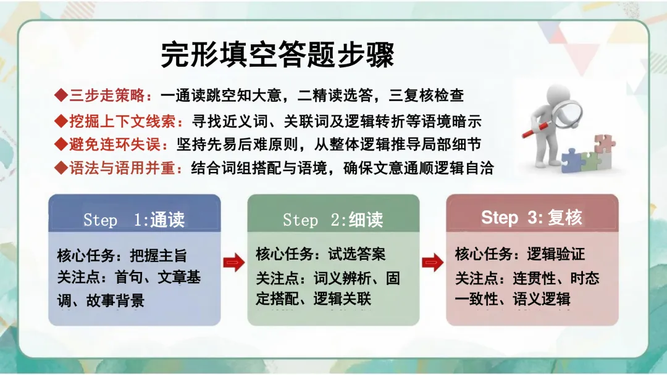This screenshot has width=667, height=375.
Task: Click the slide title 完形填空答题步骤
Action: [277, 56]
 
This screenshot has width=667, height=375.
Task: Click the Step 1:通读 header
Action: [134, 220]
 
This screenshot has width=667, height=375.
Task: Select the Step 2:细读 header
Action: [333, 220]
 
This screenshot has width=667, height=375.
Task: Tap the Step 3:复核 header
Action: [532, 218]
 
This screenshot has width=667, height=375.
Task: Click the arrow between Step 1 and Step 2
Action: [234, 262]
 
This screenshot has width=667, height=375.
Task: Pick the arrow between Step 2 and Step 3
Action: [432, 262]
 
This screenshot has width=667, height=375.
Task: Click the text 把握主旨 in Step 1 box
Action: [158, 255]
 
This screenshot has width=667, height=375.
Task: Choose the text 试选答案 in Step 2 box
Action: [357, 254]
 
